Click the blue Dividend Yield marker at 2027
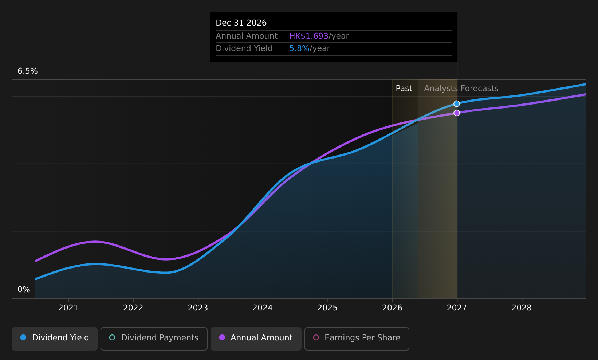point(456,103)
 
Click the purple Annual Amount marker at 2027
point(456,113)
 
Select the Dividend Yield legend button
point(55,339)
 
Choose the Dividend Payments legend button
point(154,339)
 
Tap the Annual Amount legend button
point(256,339)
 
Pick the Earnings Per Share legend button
point(357,339)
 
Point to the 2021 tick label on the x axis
point(68,308)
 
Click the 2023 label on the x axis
point(198,308)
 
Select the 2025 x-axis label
point(327,308)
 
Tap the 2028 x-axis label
point(522,308)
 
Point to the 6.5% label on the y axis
point(28,71)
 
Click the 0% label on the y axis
point(24,290)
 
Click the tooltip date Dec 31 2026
point(241,23)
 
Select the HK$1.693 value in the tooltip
point(308,36)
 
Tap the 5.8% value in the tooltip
point(299,48)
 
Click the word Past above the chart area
point(404,89)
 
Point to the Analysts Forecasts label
point(461,89)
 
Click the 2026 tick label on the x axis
point(392,308)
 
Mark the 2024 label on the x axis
point(263,308)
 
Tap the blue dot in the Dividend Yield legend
point(24,337)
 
